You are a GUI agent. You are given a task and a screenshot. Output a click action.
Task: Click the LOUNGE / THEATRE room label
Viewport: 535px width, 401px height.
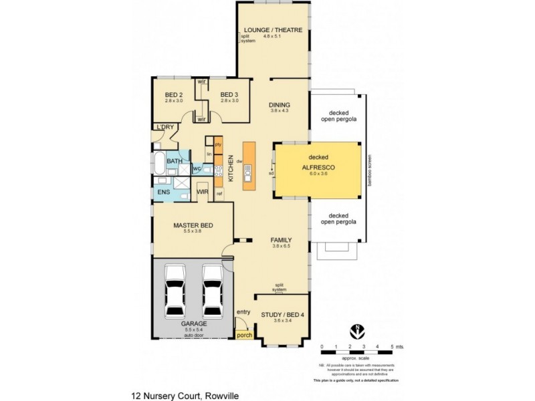tap(273, 30)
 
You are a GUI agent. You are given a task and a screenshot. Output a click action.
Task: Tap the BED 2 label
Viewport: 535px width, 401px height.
tap(174, 94)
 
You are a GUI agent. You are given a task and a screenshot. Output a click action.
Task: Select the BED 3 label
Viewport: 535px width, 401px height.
tap(229, 94)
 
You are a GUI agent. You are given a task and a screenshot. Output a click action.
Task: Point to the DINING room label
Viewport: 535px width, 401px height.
tap(279, 105)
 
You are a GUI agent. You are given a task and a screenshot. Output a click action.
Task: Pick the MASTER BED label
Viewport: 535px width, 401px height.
tap(193, 226)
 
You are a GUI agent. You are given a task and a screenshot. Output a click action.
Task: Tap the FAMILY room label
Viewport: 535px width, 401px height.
tap(280, 239)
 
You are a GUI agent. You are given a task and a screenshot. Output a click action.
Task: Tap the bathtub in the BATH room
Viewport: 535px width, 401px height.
tap(158, 162)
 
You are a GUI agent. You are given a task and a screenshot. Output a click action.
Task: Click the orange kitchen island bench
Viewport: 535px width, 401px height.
tap(248, 164)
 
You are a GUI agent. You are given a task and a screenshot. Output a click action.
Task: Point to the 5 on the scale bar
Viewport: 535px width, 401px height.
tap(392, 346)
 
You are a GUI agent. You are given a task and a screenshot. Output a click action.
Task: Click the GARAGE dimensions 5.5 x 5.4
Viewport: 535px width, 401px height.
tap(193, 329)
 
